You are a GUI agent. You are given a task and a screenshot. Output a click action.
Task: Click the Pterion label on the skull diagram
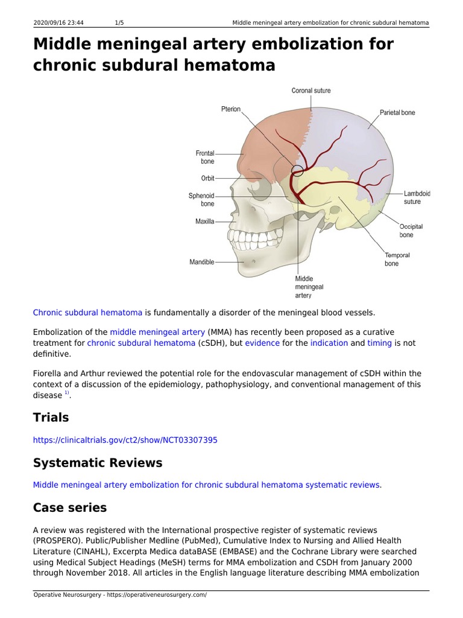click(230, 109)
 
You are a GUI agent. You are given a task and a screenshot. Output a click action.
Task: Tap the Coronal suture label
click(311, 91)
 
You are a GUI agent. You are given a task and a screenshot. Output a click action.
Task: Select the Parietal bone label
click(397, 113)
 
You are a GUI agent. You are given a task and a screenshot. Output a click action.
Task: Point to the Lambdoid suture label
click(417, 197)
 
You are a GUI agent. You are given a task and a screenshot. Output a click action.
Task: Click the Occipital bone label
click(411, 231)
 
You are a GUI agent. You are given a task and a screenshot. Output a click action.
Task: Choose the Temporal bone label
click(397, 260)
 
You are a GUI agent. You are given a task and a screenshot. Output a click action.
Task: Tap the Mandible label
click(202, 262)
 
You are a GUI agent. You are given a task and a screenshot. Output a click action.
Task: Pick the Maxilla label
click(204, 221)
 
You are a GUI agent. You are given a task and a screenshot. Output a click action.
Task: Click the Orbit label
click(207, 178)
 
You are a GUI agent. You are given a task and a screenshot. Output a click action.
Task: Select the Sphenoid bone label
click(201, 200)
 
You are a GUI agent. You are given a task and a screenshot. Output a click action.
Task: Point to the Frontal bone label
click(205, 158)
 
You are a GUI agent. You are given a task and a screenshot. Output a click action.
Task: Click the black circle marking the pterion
click(297, 171)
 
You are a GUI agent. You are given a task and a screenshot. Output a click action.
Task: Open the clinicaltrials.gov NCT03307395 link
click(125, 440)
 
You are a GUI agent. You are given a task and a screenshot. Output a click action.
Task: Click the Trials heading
click(51, 418)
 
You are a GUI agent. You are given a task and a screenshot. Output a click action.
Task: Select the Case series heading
click(70, 508)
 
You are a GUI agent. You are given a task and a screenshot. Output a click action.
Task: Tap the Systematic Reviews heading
click(98, 463)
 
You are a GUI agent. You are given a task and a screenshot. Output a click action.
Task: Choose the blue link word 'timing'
click(380, 343)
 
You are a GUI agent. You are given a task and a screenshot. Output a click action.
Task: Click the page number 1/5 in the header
click(119, 23)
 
